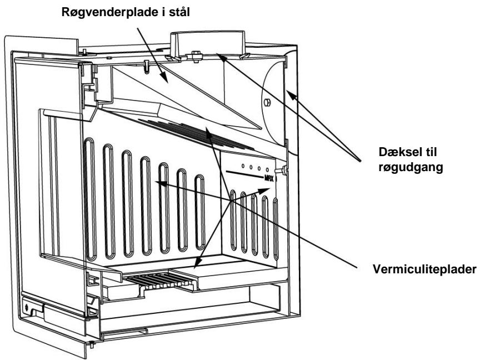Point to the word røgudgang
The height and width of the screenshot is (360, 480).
click(x=411, y=168)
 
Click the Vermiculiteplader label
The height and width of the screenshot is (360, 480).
click(x=424, y=269)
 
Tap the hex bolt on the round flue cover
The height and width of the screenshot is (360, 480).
click(x=267, y=103)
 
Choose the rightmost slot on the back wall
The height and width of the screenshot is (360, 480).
click(x=200, y=212)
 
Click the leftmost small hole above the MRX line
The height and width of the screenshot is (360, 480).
click(x=243, y=166)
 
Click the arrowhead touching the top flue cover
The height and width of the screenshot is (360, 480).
click(x=221, y=56)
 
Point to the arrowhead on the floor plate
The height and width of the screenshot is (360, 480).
click(x=198, y=263)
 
